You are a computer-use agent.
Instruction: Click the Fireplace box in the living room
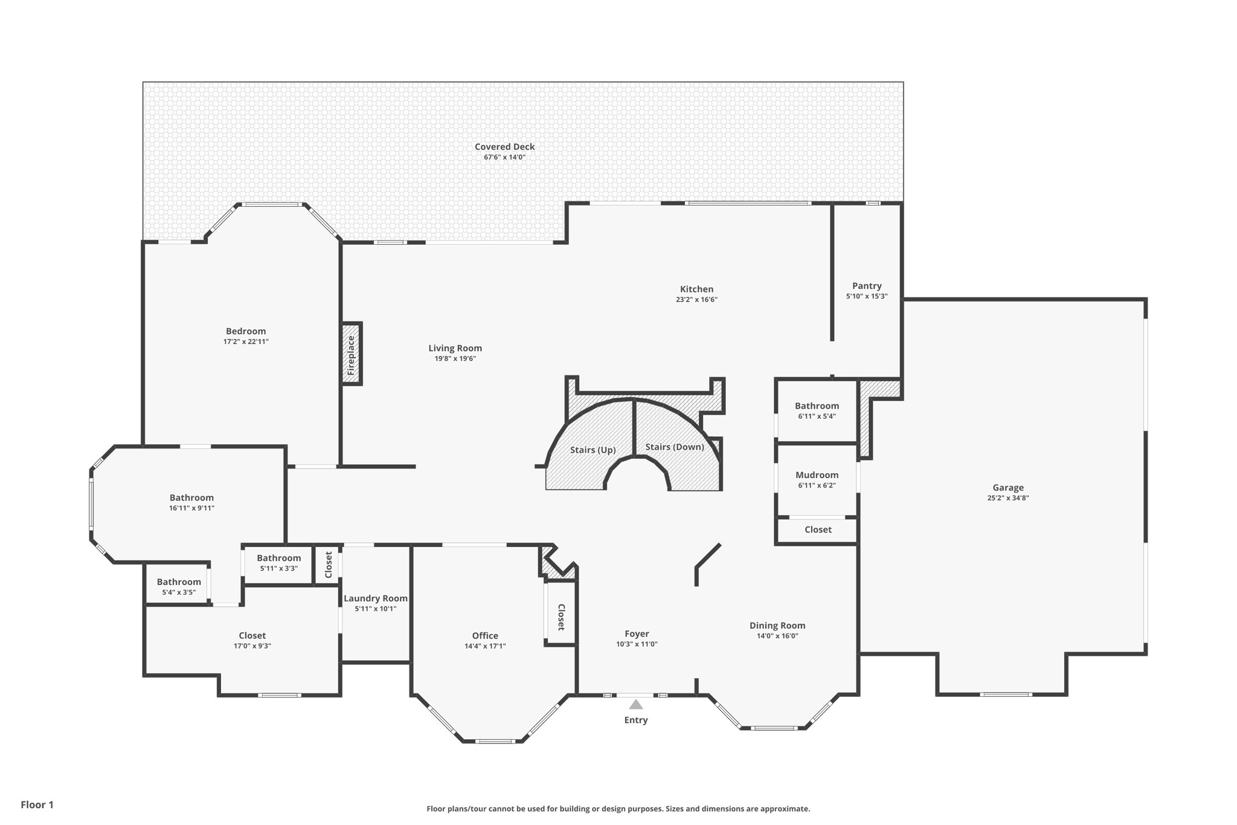[352, 354]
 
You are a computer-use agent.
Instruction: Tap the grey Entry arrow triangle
[635, 704]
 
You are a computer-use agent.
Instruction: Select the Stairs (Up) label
[593, 450]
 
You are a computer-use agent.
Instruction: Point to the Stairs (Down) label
[674, 447]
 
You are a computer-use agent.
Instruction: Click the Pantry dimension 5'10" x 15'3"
[866, 296]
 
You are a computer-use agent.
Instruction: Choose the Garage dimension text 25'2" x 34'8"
[1007, 498]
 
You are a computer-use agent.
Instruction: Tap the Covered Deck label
[504, 146]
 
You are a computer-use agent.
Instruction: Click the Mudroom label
[817, 474]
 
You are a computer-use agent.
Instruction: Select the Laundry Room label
[375, 598]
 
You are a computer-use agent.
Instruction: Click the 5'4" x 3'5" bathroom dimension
[179, 592]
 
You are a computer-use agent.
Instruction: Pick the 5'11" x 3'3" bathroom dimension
[278, 568]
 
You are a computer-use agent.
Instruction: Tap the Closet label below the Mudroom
[818, 529]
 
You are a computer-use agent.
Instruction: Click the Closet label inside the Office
[561, 617]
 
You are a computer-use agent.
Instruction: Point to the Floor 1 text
[37, 804]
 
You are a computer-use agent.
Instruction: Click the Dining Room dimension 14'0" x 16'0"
[777, 636]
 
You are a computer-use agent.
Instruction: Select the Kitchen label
[696, 289]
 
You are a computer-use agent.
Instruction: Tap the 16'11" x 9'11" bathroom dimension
[191, 508]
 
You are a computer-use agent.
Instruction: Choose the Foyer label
[637, 633]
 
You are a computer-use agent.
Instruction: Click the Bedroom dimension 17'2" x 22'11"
[246, 341]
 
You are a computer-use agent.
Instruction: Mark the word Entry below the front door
[635, 720]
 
